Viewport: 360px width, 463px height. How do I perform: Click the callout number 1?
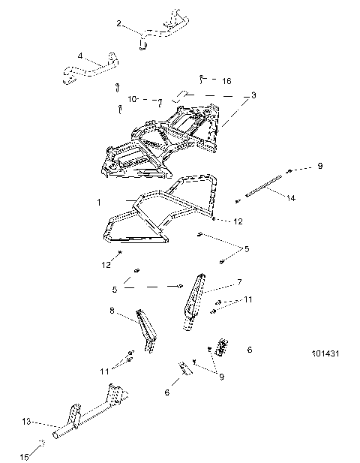pyautogui.click(x=97, y=203)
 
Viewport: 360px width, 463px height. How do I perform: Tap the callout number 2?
pyautogui.click(x=118, y=24)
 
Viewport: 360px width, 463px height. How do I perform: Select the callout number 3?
pyautogui.click(x=254, y=96)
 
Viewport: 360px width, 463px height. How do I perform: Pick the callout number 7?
pyautogui.click(x=239, y=282)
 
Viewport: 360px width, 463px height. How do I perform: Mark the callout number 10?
pyautogui.click(x=131, y=98)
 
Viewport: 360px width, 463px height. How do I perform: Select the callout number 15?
pyautogui.click(x=22, y=456)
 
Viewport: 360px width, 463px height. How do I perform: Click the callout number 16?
pyautogui.click(x=226, y=80)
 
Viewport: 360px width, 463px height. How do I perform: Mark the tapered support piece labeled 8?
pyautogui.click(x=147, y=330)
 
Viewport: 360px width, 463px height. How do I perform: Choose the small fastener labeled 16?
pyautogui.click(x=202, y=78)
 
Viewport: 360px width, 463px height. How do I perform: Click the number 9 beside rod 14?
pyautogui.click(x=319, y=165)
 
